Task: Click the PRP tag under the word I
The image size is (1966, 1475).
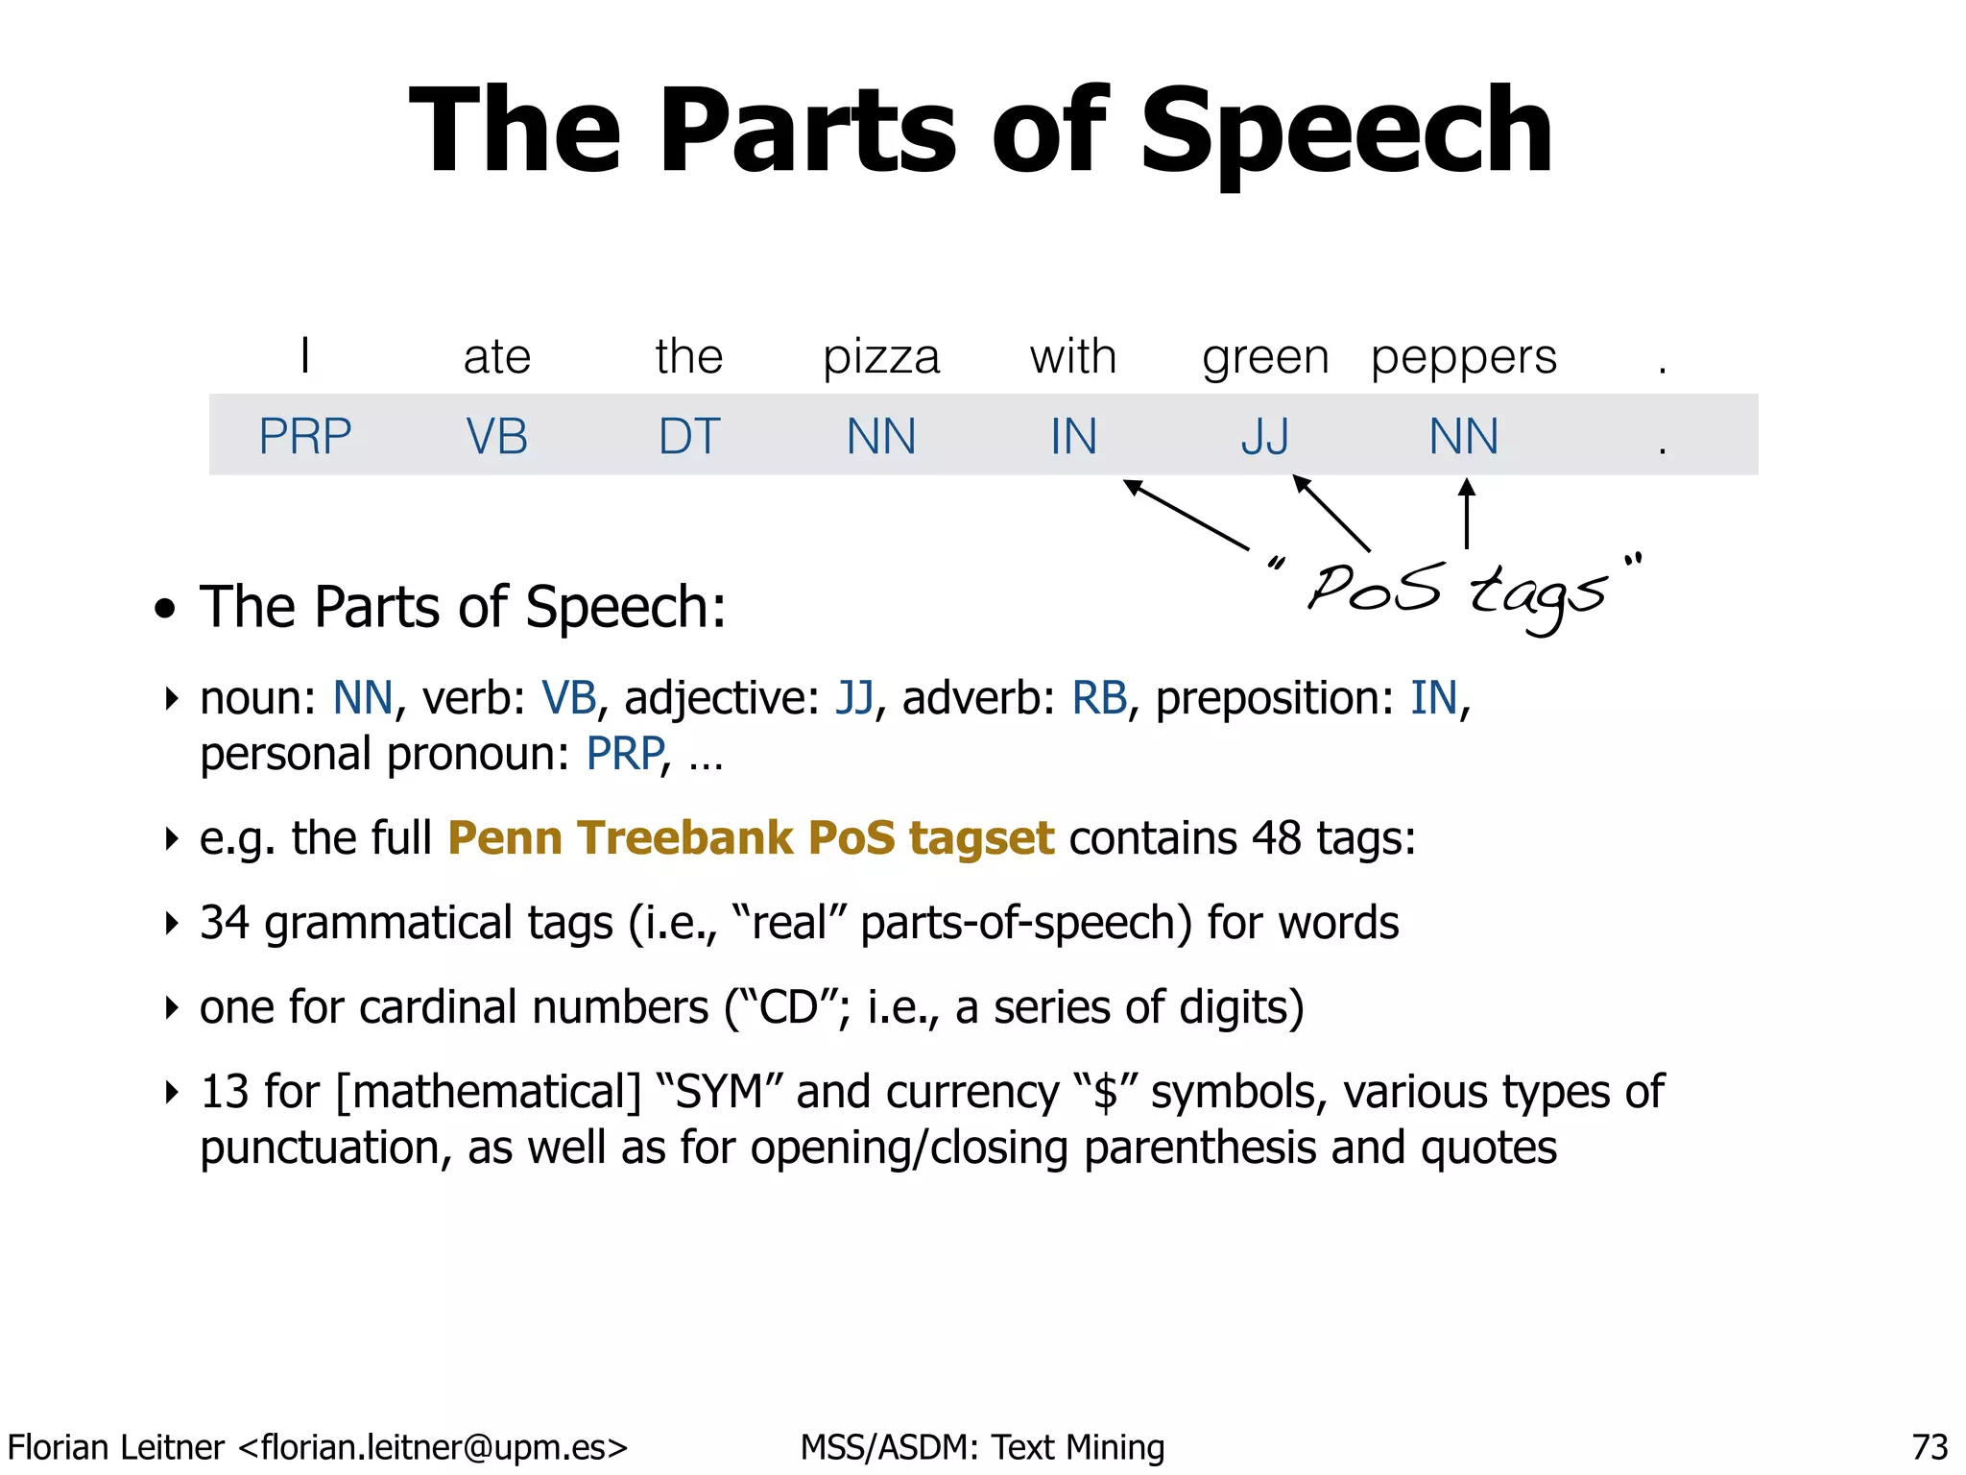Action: [305, 437]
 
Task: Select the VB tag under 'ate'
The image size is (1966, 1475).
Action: [497, 437]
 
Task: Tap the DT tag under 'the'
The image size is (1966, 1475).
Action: [689, 437]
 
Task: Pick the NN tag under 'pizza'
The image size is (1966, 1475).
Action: [881, 437]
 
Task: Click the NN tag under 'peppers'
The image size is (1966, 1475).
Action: [1464, 437]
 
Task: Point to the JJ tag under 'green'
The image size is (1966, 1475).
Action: [1265, 437]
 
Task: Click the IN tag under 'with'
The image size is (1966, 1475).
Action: [1073, 437]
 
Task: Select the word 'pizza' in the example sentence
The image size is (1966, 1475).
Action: [881, 358]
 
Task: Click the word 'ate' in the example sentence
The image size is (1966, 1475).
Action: [497, 358]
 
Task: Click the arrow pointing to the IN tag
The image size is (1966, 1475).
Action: [1187, 515]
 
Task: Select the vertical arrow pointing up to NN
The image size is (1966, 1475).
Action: [1467, 514]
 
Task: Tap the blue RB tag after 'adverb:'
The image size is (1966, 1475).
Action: [1099, 698]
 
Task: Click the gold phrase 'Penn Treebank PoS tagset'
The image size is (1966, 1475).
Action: [751, 838]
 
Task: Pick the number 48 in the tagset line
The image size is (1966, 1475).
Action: [1276, 838]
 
